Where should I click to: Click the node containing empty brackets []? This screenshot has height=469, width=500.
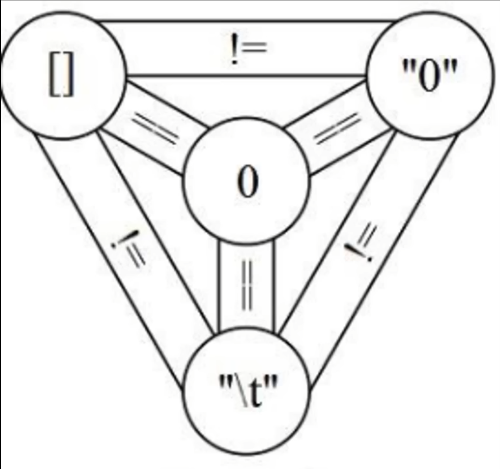click(x=63, y=75)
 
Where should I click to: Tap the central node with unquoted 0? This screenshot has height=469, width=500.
click(x=246, y=181)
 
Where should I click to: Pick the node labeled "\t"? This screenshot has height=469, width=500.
click(x=246, y=391)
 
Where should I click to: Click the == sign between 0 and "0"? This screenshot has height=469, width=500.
click(x=337, y=128)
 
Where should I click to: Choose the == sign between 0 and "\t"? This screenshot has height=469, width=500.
click(x=247, y=285)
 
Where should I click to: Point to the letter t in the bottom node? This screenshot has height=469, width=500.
click(x=255, y=393)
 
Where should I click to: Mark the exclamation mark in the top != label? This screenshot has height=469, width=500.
click(x=234, y=50)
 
